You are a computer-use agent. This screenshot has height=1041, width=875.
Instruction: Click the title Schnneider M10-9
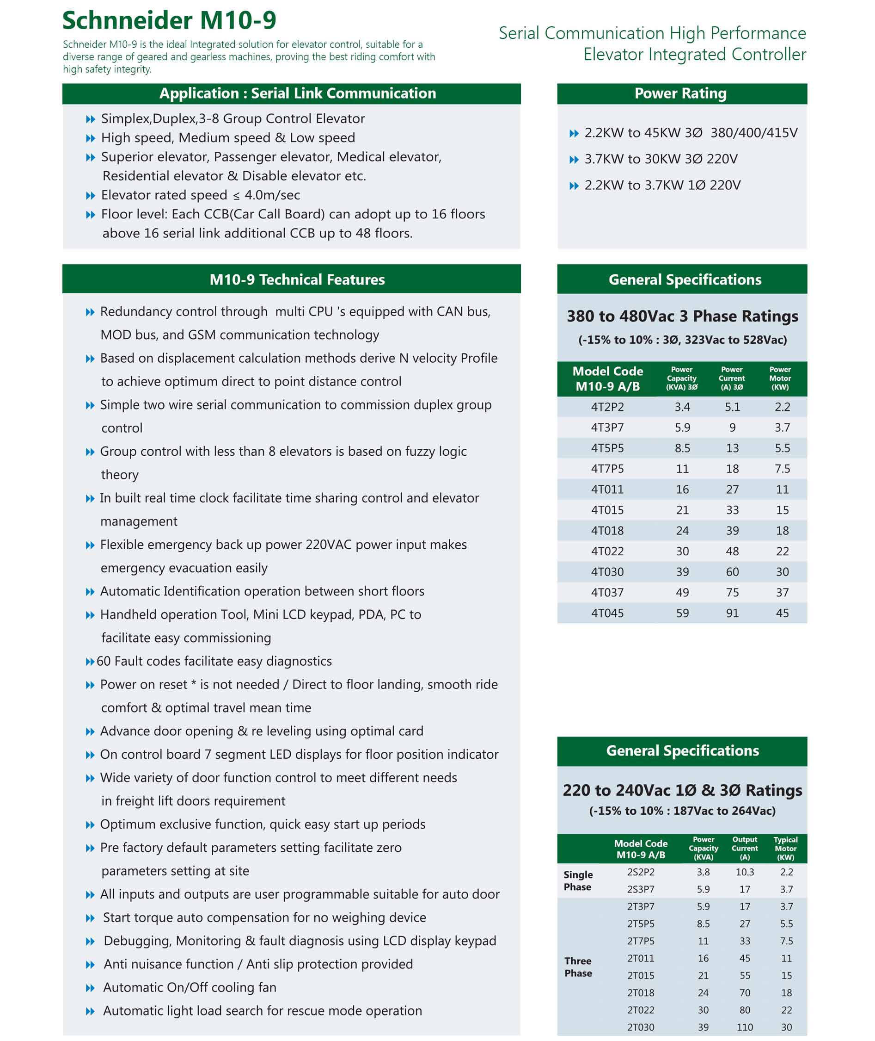tap(169, 20)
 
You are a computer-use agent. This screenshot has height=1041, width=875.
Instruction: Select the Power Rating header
tap(680, 93)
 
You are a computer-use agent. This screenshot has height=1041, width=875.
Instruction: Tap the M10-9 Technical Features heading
tap(297, 279)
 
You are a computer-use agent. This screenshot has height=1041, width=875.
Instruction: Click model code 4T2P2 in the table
tap(607, 407)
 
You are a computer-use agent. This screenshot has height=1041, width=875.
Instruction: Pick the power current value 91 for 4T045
tap(732, 613)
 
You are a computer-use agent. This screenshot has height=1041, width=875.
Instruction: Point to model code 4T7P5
tap(607, 469)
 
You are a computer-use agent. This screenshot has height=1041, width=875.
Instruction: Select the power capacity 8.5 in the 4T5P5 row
tap(682, 448)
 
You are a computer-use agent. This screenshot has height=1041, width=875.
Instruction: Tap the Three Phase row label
tap(578, 967)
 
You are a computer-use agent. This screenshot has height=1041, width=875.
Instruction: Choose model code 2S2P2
tap(640, 872)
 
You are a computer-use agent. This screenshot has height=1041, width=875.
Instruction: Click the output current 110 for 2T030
tap(745, 1027)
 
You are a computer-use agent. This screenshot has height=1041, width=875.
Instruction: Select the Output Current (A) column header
tap(745, 848)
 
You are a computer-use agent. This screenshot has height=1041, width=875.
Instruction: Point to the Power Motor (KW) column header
tap(780, 378)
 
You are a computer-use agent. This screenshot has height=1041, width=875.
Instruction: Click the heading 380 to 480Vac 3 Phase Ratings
tap(682, 316)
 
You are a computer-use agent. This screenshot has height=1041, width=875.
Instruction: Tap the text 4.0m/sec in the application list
tap(272, 195)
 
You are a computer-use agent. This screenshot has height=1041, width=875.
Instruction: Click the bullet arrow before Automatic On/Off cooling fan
tap(90, 988)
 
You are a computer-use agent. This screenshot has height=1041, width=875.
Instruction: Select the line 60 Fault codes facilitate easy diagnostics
tap(214, 661)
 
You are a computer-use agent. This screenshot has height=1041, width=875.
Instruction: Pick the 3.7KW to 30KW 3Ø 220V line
tap(661, 159)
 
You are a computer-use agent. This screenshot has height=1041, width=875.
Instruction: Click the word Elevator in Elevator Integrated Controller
tap(613, 54)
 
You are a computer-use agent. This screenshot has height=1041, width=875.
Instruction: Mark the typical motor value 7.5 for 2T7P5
tap(786, 941)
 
